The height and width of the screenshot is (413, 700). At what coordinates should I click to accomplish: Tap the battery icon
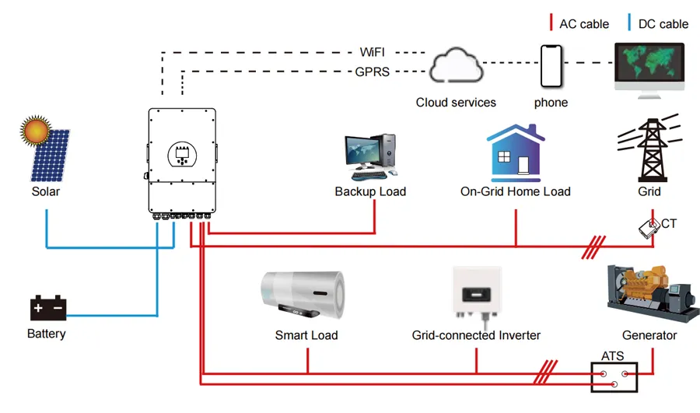(x=48, y=308)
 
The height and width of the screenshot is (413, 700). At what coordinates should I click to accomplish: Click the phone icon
(x=551, y=67)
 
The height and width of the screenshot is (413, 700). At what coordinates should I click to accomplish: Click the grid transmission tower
(x=647, y=149)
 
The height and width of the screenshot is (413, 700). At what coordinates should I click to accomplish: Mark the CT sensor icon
(x=648, y=226)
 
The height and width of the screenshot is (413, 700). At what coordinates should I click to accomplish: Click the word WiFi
(x=371, y=52)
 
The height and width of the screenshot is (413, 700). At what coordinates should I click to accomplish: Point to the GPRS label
(x=371, y=72)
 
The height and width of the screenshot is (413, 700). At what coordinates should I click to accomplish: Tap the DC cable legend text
(x=663, y=24)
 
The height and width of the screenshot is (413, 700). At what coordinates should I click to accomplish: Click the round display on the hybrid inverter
(x=181, y=153)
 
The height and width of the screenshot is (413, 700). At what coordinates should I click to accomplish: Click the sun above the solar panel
(x=36, y=130)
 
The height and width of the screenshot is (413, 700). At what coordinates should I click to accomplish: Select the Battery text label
(x=46, y=334)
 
